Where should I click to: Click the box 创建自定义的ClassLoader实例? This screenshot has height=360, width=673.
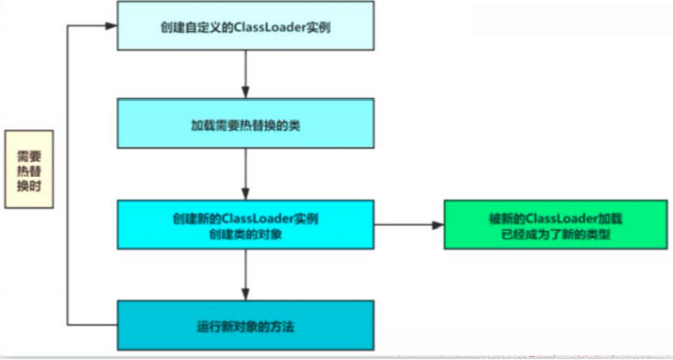tap(246, 25)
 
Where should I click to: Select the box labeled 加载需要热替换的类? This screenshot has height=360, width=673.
tap(246, 124)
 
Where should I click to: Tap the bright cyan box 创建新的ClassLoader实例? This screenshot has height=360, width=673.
tap(246, 224)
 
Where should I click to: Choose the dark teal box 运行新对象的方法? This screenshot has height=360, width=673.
tap(246, 325)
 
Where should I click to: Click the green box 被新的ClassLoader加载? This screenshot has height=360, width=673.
tap(556, 224)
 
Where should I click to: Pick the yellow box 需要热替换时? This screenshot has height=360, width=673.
tap(29, 169)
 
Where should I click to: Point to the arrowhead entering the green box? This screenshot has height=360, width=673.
tap(438, 225)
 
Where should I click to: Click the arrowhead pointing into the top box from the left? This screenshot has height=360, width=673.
tap(111, 25)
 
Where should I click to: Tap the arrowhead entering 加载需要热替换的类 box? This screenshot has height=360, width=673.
tap(246, 93)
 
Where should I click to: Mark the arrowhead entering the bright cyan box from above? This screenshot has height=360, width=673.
tap(246, 195)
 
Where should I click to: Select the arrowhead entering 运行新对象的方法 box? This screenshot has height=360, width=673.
tap(246, 295)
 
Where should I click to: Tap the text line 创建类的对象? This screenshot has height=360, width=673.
tap(246, 235)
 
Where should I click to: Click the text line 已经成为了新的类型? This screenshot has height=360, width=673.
tap(556, 235)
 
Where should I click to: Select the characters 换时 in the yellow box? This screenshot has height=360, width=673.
tap(29, 187)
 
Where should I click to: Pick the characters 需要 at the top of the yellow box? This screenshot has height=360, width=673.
tap(29, 155)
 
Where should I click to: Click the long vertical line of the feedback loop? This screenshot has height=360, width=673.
tap(67, 175)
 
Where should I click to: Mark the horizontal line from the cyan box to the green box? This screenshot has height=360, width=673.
tap(404, 225)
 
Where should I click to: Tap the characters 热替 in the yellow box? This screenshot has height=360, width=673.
tap(29, 172)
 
